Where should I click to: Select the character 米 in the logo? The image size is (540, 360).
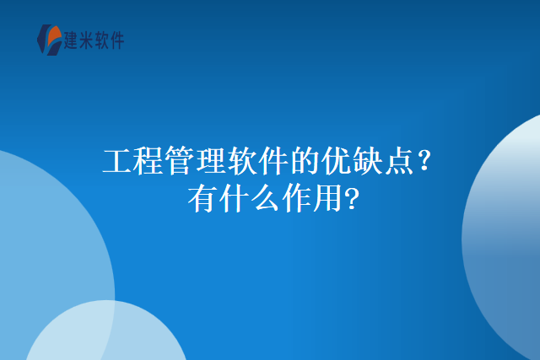89,40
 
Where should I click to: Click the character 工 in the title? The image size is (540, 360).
117,161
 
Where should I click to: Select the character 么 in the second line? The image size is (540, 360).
268,200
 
